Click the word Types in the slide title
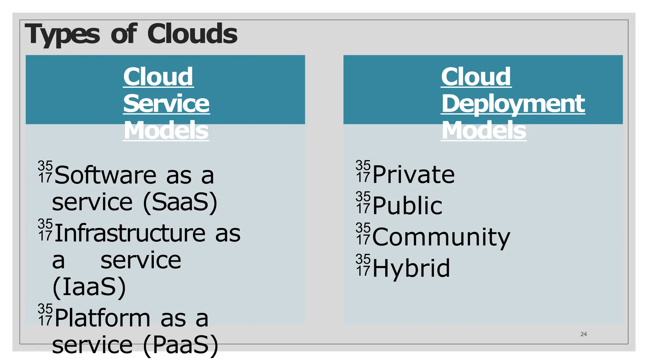[x=62, y=34]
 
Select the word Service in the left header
[x=166, y=103]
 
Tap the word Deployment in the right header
[x=513, y=103]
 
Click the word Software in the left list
[x=105, y=175]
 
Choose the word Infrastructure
[x=130, y=233]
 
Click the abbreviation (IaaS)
[x=89, y=287]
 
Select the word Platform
[x=102, y=318]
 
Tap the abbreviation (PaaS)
[x=181, y=345]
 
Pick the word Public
[x=407, y=205]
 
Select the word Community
[x=441, y=237]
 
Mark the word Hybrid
[x=411, y=268]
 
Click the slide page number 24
[x=583, y=334]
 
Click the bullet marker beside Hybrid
[x=363, y=265]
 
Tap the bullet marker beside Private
[x=363, y=171]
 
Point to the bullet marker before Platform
[x=45, y=315]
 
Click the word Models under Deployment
[x=484, y=130]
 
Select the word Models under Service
[x=166, y=130]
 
